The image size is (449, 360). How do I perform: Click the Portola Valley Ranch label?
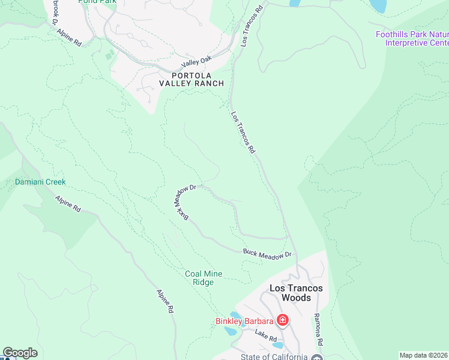tap(191, 80)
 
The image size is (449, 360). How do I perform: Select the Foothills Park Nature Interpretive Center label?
tap(412, 38)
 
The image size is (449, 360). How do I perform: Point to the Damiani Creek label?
tap(40, 182)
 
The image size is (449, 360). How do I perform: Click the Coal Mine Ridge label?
tap(203, 278)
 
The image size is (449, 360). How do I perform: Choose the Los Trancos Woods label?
tap(296, 293)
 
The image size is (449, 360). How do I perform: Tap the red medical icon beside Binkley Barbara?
tap(282, 321)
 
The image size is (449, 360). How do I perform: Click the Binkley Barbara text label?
tap(244, 321)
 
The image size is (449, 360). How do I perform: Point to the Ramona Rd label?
tap(319, 329)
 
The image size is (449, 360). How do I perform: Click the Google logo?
tap(20, 353)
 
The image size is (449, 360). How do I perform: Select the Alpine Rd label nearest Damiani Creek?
tap(68, 204)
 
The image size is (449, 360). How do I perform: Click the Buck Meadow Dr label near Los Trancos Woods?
tap(267, 254)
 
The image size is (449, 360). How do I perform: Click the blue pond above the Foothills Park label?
tap(379, 6)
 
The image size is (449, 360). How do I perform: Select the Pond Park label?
tap(98, 2)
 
